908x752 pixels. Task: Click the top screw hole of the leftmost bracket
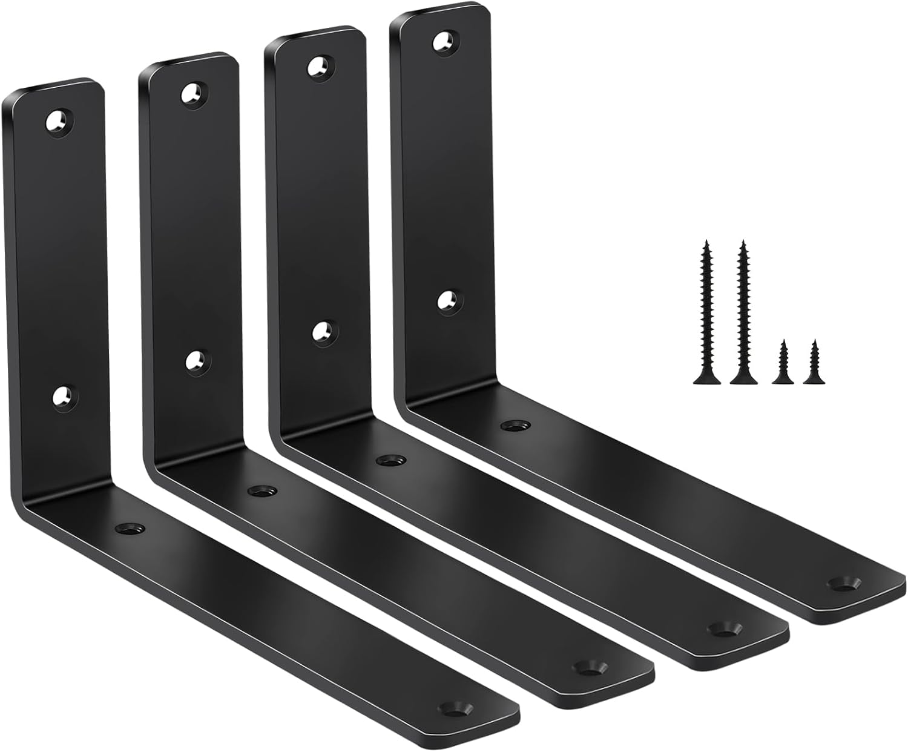(x=59, y=120)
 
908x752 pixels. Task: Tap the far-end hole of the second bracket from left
(x=585, y=667)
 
